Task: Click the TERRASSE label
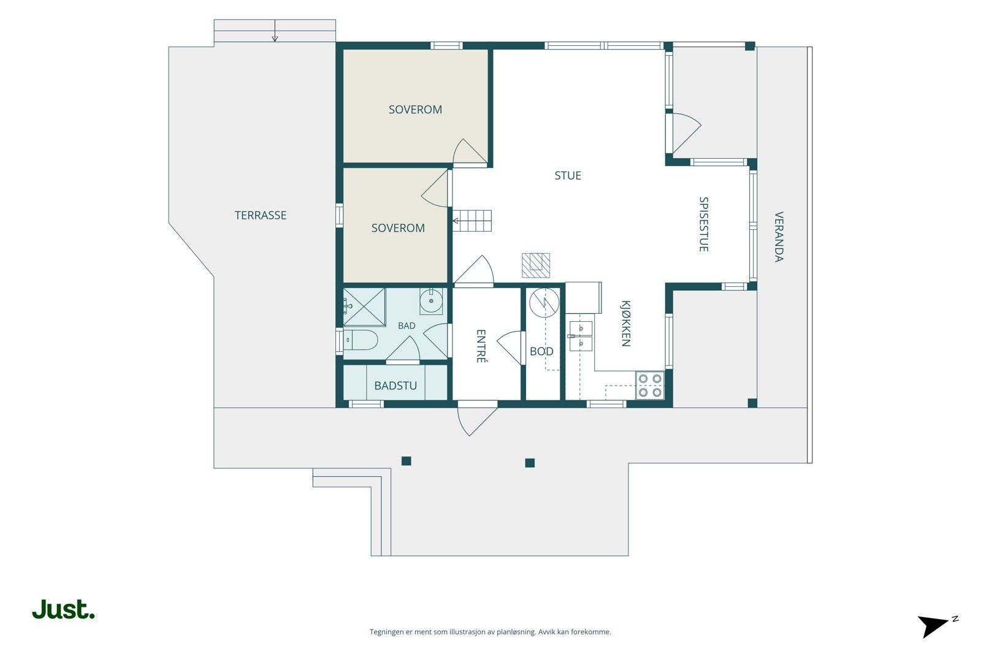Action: point(261,215)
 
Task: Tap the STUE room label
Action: point(568,175)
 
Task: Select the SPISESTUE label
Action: point(704,224)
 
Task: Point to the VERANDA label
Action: point(779,237)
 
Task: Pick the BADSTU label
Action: point(395,386)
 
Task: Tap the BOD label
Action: point(542,351)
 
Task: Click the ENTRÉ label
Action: point(481,346)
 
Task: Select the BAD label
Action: point(407,325)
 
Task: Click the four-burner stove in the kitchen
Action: point(650,385)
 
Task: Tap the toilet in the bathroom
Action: point(361,340)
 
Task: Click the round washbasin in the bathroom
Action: point(432,301)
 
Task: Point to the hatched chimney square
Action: point(536,265)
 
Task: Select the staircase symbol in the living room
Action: point(472,221)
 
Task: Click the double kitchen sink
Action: point(581,336)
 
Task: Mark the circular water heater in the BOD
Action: point(544,303)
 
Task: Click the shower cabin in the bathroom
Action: point(364,307)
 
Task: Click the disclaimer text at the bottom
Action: point(490,632)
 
